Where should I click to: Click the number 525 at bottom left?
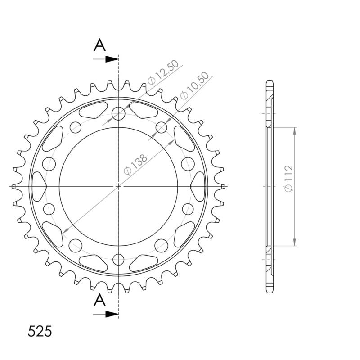pos(40,331)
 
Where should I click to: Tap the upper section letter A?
pos(100,45)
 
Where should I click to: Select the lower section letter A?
pos(100,300)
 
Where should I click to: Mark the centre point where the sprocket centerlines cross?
pos(118,186)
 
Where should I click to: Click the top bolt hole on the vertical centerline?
pos(118,113)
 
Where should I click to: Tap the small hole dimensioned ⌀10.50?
pos(161,128)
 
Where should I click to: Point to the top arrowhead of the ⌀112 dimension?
pos(295,130)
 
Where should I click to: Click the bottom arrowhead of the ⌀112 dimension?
pos(295,243)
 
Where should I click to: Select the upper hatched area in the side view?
pos(270,97)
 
